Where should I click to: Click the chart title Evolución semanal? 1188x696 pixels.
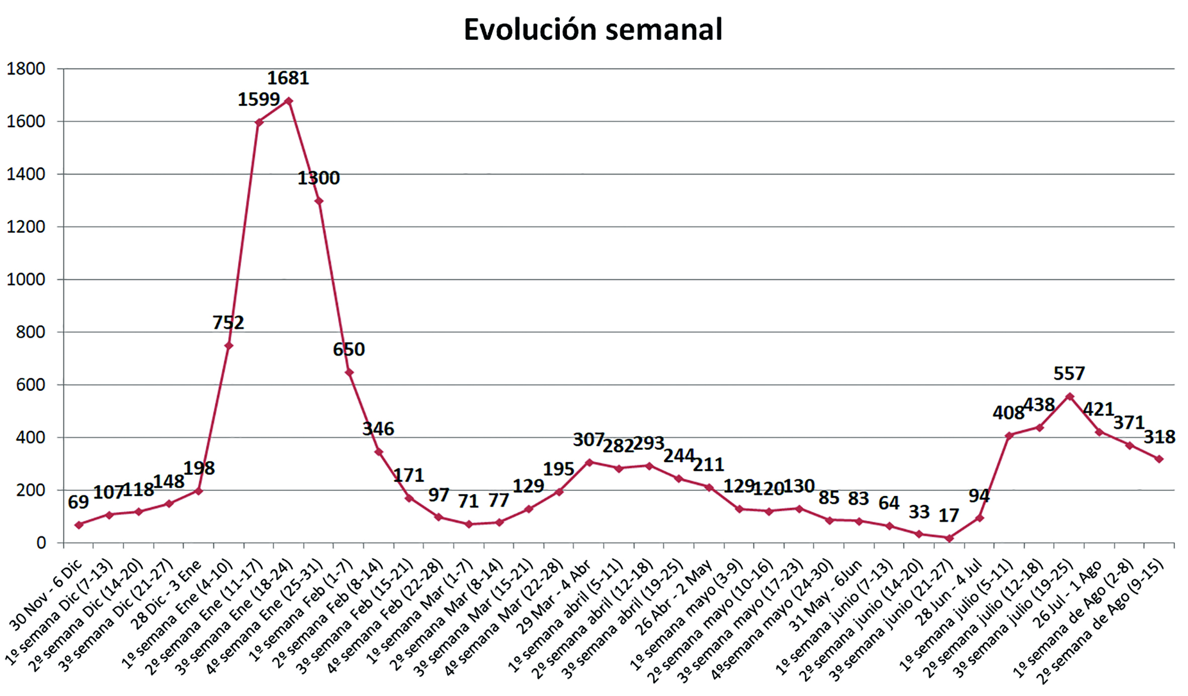(x=593, y=30)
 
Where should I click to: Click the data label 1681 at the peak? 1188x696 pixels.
(x=288, y=78)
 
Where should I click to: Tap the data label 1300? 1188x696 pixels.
(x=318, y=178)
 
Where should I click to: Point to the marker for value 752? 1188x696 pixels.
(x=229, y=345)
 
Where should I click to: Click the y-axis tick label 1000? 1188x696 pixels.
(x=26, y=280)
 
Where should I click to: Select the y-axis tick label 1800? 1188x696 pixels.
(x=26, y=69)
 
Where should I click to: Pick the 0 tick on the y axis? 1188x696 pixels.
(x=41, y=543)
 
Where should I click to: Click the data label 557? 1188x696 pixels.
(x=1069, y=374)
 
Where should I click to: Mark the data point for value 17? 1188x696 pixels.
(x=949, y=538)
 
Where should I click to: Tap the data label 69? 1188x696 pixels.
(x=78, y=502)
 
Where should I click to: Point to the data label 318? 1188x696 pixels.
(x=1159, y=437)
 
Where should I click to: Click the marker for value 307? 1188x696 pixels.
(x=589, y=462)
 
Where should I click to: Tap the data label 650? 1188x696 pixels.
(x=349, y=350)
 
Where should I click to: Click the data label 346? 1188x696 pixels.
(x=378, y=429)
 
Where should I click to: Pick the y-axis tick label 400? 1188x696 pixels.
(x=31, y=438)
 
